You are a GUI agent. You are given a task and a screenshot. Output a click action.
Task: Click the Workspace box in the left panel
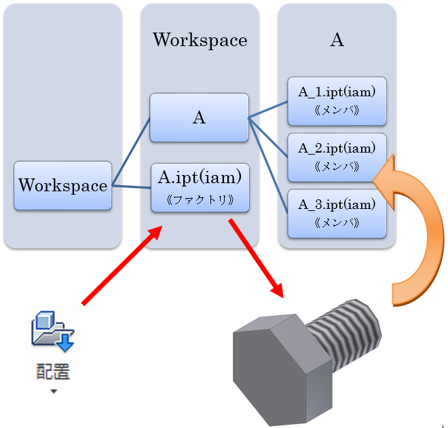point(63,186)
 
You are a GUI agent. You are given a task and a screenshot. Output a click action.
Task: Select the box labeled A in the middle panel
point(199,117)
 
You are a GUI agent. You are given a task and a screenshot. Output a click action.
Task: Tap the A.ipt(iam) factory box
point(200,188)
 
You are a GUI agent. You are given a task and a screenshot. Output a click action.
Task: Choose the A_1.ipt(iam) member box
point(337,101)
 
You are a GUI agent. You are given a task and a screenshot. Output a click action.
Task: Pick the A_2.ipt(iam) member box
point(337,157)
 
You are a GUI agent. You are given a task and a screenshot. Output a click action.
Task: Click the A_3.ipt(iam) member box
point(337,214)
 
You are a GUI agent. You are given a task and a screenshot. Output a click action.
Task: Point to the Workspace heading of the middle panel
point(200,40)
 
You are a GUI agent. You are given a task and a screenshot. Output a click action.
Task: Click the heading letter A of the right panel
point(337,40)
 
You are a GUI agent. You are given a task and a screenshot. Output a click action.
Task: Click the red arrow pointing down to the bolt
point(256,258)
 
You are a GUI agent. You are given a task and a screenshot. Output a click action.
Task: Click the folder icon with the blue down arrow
point(53,331)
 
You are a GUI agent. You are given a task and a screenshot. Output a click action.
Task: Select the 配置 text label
point(53,371)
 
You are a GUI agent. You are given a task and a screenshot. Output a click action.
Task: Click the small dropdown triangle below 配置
point(54,391)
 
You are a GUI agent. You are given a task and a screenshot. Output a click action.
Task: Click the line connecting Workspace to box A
point(131,152)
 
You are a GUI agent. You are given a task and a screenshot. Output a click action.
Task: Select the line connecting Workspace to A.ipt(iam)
point(132,187)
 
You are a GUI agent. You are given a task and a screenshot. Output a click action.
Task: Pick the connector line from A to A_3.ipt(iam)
point(268,166)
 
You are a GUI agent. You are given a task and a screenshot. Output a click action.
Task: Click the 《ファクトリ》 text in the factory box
point(200,200)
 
